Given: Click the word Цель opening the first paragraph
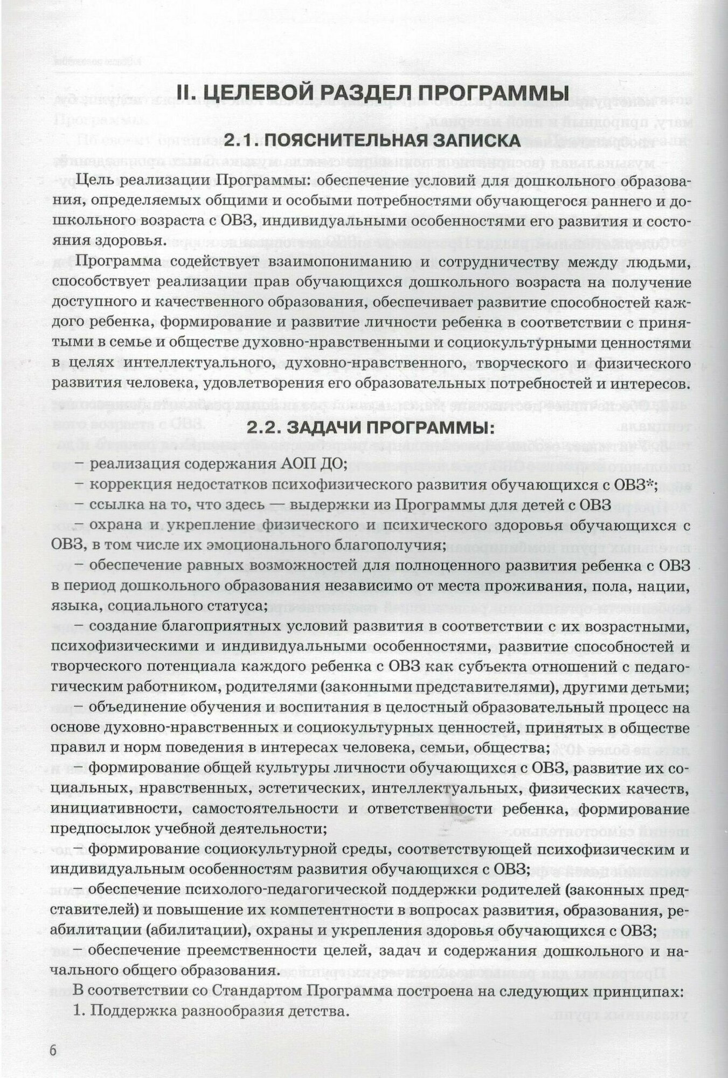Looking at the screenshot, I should [97, 180].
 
